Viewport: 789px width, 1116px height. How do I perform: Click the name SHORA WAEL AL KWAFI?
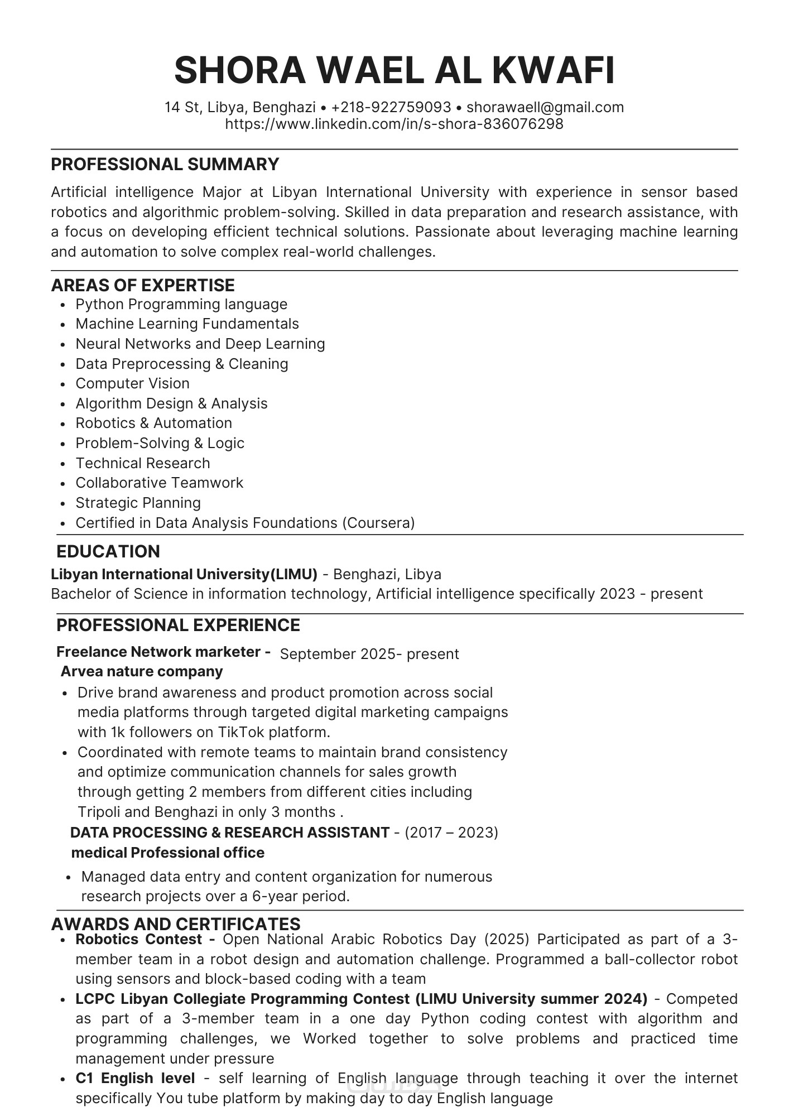(x=394, y=71)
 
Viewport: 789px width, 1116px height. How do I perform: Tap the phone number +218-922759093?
(x=391, y=107)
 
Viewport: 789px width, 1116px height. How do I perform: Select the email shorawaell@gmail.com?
(x=545, y=107)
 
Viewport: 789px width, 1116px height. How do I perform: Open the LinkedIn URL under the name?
(x=394, y=124)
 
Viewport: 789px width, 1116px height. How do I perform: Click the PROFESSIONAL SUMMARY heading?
(x=165, y=165)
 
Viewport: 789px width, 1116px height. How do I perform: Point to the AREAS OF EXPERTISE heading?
(x=143, y=285)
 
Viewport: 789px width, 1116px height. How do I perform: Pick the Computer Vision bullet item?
(x=132, y=383)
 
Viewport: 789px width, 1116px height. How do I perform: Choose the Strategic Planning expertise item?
(x=138, y=503)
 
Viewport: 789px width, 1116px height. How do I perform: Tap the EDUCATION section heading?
(x=108, y=551)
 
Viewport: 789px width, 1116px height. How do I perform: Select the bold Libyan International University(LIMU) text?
(x=184, y=574)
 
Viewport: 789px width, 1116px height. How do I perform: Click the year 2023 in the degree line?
(x=617, y=594)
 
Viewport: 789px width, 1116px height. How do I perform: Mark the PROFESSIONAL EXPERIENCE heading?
(x=178, y=625)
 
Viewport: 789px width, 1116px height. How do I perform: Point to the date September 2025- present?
(x=369, y=654)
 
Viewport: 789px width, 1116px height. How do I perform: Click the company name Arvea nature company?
(x=142, y=671)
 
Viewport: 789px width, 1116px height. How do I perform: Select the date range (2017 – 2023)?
(x=451, y=833)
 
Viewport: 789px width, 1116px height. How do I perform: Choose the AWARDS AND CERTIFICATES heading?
(x=176, y=924)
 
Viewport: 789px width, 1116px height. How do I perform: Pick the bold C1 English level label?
(x=135, y=1079)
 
